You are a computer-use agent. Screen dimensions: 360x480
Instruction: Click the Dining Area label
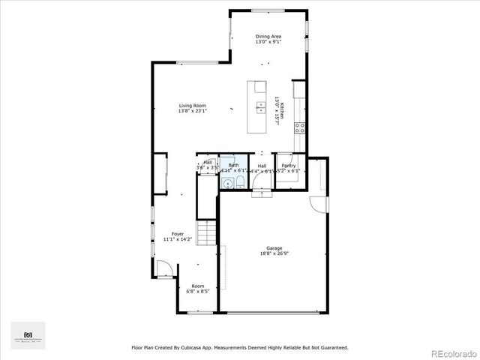(268, 36)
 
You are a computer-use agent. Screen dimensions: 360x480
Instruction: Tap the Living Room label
(192, 106)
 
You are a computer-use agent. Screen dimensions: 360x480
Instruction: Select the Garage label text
(274, 248)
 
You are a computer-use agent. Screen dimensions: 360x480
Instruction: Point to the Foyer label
(178, 235)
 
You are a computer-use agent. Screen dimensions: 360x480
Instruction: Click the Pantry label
(288, 166)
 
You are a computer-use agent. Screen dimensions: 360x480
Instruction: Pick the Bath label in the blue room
(233, 166)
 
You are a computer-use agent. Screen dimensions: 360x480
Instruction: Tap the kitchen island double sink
(260, 106)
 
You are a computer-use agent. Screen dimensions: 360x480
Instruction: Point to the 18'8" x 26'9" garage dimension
(274, 253)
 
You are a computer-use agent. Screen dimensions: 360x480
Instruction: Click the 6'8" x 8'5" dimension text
(197, 291)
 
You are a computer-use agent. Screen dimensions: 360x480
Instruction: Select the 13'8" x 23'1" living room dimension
(192, 112)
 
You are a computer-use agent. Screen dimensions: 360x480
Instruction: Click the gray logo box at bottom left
(28, 335)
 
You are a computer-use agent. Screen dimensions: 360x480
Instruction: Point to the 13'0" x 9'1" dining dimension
(268, 42)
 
